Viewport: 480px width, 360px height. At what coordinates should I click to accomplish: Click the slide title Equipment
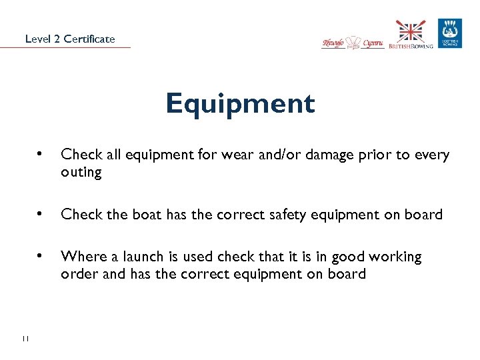pos(240,104)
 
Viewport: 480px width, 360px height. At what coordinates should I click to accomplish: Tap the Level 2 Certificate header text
pos(70,39)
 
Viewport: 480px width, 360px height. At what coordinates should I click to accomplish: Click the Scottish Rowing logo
pos(450,33)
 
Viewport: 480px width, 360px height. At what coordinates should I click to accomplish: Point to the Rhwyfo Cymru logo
pos(353,43)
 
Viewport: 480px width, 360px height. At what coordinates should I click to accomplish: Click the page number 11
pos(25,339)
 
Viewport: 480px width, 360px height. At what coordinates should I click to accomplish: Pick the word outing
pos(81,172)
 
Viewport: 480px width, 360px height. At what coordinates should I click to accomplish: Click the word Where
pos(81,257)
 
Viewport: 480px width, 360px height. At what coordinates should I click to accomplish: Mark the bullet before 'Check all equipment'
pos(41,154)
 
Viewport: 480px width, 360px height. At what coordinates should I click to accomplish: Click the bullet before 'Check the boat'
pos(41,214)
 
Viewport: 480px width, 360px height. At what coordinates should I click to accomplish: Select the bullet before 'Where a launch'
pos(41,256)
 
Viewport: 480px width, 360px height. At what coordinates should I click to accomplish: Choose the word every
pos(433,155)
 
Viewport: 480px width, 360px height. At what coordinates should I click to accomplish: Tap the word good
pos(347,257)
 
